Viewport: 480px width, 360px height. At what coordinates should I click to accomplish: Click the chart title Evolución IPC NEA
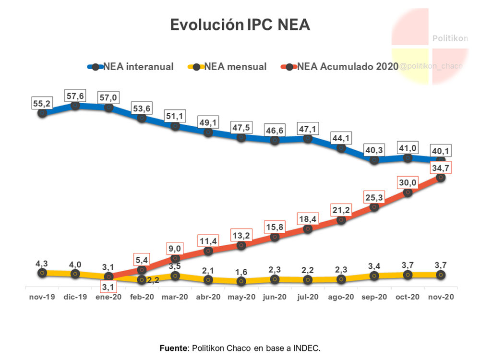point(240,25)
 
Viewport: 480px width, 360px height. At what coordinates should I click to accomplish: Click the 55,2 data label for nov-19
point(42,103)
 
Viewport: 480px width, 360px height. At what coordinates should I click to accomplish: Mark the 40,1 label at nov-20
point(441,150)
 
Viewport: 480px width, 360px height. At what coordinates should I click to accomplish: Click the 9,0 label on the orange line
point(175,249)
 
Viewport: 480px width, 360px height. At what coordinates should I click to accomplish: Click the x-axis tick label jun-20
point(275,297)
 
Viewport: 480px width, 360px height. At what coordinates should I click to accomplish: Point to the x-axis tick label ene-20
point(108,297)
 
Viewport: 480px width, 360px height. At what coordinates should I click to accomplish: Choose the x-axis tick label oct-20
point(408,297)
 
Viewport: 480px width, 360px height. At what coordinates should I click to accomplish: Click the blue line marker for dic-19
point(75,106)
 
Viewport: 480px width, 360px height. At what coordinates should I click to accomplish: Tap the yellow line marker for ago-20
point(341,279)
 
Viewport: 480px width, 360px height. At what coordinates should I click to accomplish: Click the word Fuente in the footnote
point(174,348)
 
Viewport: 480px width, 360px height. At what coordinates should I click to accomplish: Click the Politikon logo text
point(450,38)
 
